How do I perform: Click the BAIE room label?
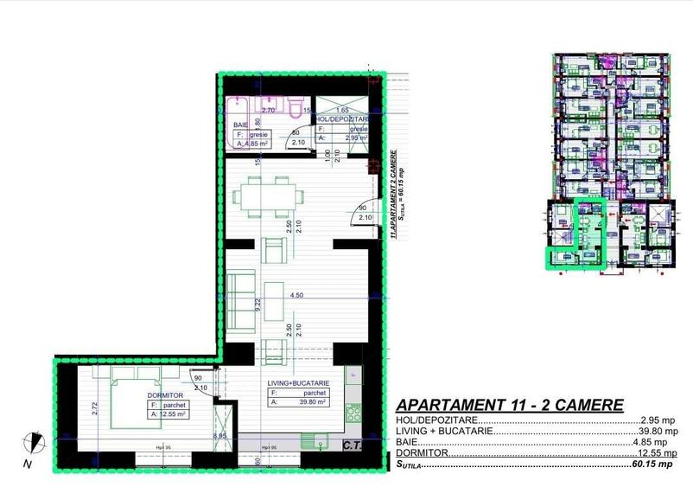pos(241,125)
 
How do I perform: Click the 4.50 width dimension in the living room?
pos(296,295)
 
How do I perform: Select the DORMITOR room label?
pos(164,394)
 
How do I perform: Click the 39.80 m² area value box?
pos(297,401)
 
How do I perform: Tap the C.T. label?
pos(352,445)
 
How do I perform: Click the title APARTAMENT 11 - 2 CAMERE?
pos(509,405)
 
